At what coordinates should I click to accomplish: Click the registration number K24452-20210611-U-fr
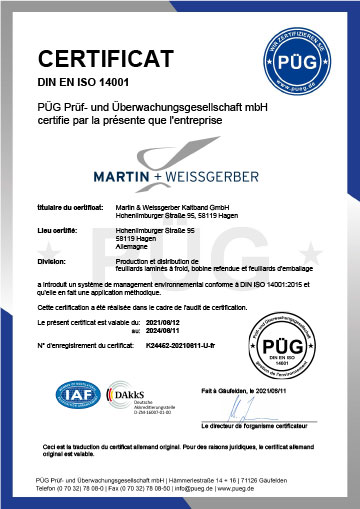(x=177, y=345)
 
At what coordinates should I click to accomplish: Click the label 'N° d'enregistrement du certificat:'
(x=84, y=345)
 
